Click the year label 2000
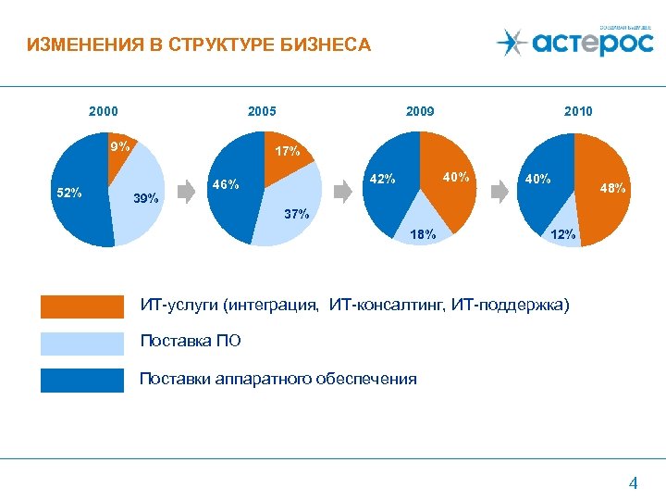click(x=103, y=111)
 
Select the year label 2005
click(x=262, y=111)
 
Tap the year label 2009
click(x=420, y=111)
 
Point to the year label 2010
click(x=578, y=111)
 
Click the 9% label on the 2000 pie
click(x=119, y=146)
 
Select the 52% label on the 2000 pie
click(x=69, y=194)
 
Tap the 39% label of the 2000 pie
click(x=146, y=198)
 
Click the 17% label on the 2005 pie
click(x=288, y=151)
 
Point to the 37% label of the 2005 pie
click(x=296, y=215)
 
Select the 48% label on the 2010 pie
click(x=612, y=188)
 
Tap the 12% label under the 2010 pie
click(x=562, y=235)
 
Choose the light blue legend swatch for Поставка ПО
click(x=81, y=344)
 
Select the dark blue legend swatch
click(x=81, y=381)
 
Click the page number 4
click(x=633, y=481)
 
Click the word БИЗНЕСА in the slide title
click(x=321, y=44)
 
